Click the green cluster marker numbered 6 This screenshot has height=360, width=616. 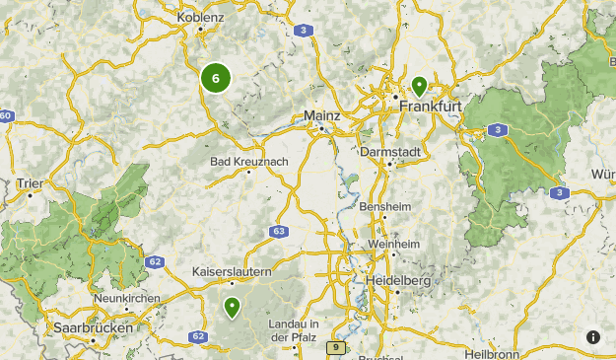[215, 78]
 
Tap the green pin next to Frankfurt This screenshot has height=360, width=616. [420, 86]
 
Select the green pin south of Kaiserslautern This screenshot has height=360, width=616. [232, 308]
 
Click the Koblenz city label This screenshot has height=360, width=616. [202, 17]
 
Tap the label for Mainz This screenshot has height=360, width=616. [322, 115]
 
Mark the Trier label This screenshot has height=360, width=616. [31, 182]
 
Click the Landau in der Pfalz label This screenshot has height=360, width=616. [295, 331]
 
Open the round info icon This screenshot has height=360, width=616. [593, 337]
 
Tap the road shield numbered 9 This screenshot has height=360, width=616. [335, 347]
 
